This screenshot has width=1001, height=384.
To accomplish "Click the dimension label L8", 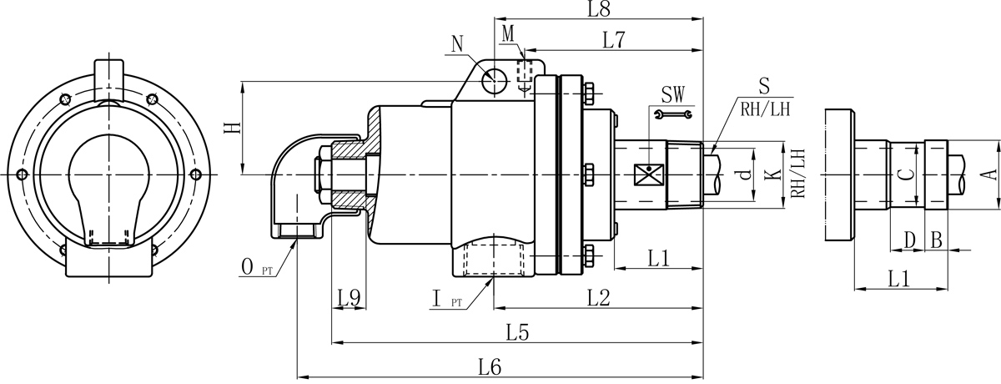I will tap(599, 10).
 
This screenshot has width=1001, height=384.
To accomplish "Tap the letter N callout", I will tap(458, 43).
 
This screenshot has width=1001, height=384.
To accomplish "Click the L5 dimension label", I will tap(517, 332).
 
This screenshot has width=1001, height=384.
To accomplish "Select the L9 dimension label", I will tap(349, 296).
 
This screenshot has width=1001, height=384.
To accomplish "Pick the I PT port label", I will tap(441, 298).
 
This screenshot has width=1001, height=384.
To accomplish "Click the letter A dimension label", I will tap(988, 173).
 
